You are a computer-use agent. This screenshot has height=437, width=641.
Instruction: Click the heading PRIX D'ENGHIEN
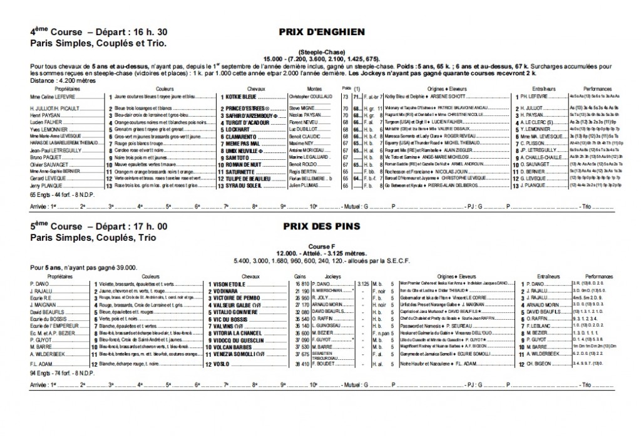(320, 31)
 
